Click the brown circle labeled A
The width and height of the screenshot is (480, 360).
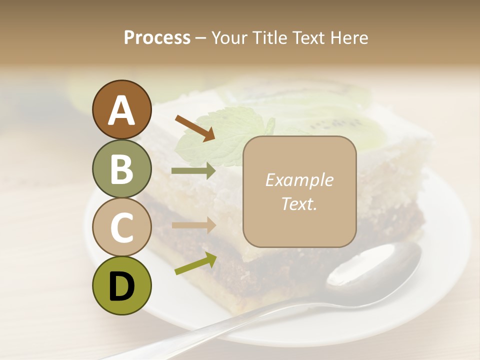(x=121, y=110)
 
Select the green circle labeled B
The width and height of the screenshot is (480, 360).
(x=121, y=168)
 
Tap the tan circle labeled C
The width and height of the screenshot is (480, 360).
(x=121, y=227)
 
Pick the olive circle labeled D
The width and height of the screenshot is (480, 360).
(x=121, y=285)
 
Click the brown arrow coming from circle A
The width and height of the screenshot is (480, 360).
(x=194, y=128)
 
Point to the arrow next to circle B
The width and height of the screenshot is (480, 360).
(x=193, y=171)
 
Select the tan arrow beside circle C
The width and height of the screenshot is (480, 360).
(x=193, y=225)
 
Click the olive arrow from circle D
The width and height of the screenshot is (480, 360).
(x=195, y=263)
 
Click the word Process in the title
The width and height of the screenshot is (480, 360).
(x=157, y=37)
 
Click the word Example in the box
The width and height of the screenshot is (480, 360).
(x=299, y=180)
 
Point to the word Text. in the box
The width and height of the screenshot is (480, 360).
(x=299, y=203)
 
